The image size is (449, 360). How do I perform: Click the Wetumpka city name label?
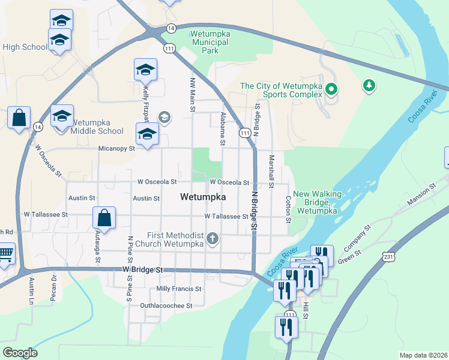[x=203, y=197]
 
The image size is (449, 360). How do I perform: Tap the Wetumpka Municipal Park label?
[x=210, y=43]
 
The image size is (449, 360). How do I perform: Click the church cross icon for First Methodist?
[x=211, y=239]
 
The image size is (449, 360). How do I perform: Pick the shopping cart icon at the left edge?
[x=5, y=256]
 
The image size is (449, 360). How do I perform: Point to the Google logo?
[x=19, y=353]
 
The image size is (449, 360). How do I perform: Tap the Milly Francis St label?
[x=178, y=289]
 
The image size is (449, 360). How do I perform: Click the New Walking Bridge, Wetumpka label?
[x=318, y=202]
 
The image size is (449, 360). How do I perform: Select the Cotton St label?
[x=288, y=208]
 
